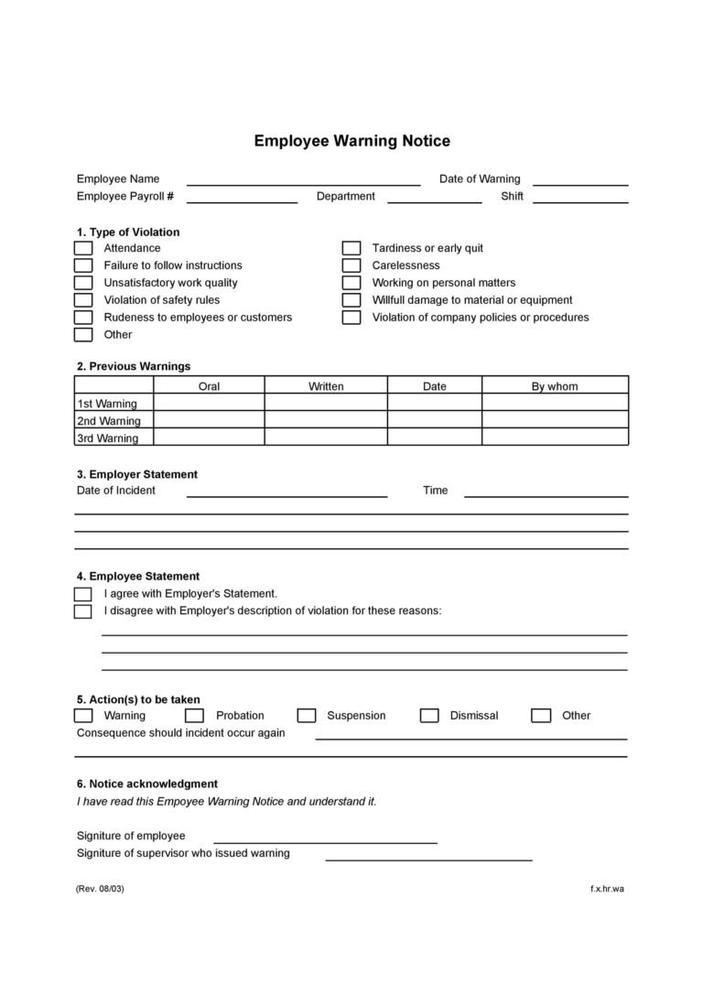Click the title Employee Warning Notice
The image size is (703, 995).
pyautogui.click(x=351, y=141)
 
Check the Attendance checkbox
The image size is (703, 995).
pyautogui.click(x=83, y=248)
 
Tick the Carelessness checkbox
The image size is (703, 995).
pyautogui.click(x=351, y=265)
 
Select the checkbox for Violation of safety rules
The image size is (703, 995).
pyautogui.click(x=83, y=300)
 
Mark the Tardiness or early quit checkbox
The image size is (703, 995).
pyautogui.click(x=351, y=248)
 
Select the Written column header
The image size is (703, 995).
pyautogui.click(x=326, y=386)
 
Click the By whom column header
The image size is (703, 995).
pyautogui.click(x=555, y=386)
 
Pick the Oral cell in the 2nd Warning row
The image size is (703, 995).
pyautogui.click(x=209, y=420)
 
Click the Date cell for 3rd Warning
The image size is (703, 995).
pyautogui.click(x=435, y=438)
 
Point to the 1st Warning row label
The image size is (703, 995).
pyautogui.click(x=107, y=404)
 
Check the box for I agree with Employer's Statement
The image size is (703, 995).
pyautogui.click(x=83, y=594)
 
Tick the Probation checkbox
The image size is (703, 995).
pyautogui.click(x=194, y=716)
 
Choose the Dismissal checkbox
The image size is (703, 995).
pyautogui.click(x=429, y=716)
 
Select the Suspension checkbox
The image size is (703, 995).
pyautogui.click(x=307, y=716)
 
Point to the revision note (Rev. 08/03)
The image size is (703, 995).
pyautogui.click(x=100, y=889)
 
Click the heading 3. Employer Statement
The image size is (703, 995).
pyautogui.click(x=137, y=474)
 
